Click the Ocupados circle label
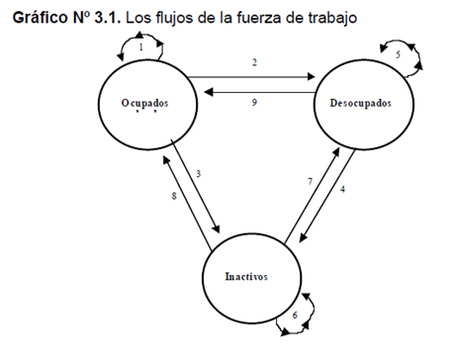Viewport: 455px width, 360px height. pos(144,103)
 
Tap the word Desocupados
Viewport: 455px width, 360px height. pos(360,103)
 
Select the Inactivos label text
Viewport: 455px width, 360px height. pos(246,276)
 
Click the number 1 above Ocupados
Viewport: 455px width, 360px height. pos(141,47)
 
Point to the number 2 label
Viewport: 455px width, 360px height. pos(254,62)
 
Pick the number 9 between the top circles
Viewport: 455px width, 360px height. pos(254,102)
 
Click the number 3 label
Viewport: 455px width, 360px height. pos(198,174)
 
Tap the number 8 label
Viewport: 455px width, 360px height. pos(174,196)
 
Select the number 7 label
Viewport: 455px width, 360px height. pos(310,181)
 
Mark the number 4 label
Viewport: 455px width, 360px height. pos(342,189)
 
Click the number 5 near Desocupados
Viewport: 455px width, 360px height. pos(398,54)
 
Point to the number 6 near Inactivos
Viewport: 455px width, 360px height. pos(295,315)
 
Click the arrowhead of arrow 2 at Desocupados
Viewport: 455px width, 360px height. pos(312,77)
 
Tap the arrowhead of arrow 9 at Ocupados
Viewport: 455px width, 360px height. pos(208,92)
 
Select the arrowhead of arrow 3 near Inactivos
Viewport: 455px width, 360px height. pos(217,228)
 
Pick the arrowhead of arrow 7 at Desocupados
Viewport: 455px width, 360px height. pos(336,151)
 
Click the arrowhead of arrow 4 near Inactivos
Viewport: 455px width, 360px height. pos(304,238)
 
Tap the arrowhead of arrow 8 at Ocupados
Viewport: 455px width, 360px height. pos(166,160)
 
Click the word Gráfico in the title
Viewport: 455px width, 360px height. pos(40,18)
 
